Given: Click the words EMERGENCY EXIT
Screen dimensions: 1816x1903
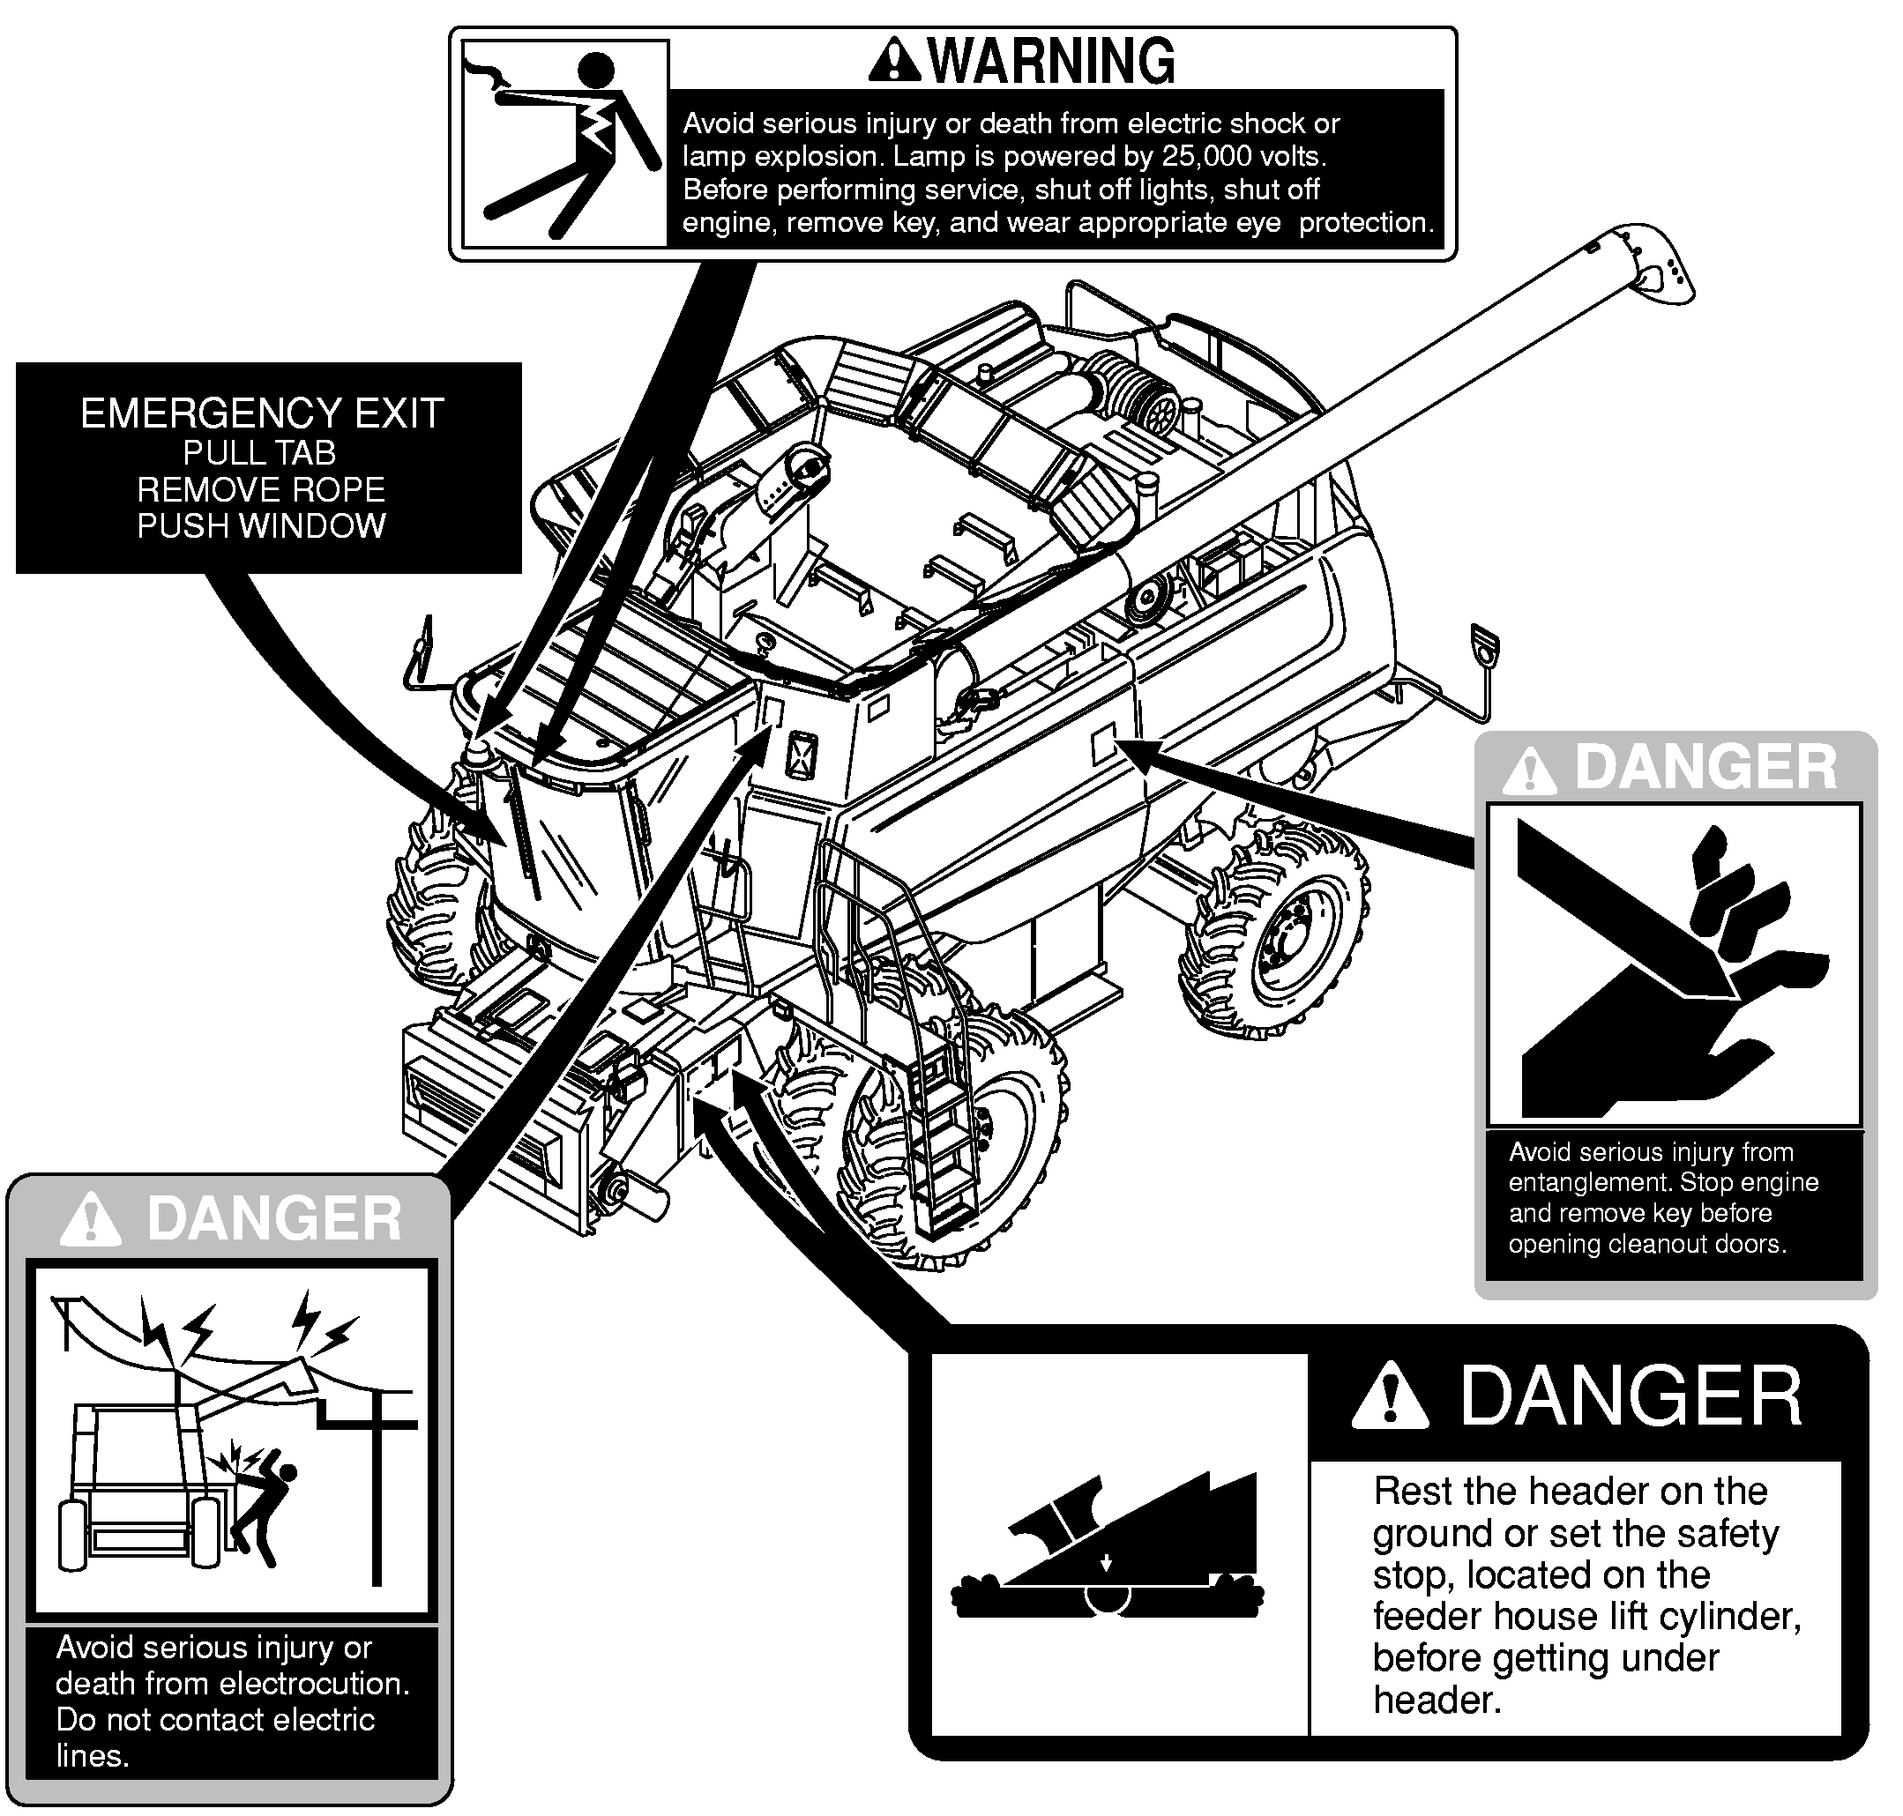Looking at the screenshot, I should click(262, 413).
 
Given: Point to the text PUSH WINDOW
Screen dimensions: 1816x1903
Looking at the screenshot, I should click(262, 525).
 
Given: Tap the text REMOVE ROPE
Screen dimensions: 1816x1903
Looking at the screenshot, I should click(262, 489).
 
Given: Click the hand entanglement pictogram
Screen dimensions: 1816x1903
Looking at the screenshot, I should click(1674, 964).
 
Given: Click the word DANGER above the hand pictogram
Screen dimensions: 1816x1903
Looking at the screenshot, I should click(1705, 768).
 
